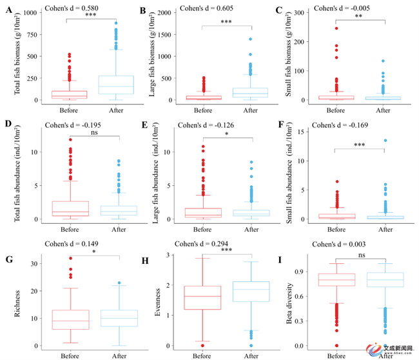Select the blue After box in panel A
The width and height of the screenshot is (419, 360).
(116, 85)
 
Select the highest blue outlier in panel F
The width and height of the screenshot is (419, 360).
(385, 140)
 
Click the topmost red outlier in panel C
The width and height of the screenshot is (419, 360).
(336, 28)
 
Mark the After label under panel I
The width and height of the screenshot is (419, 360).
(385, 355)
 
